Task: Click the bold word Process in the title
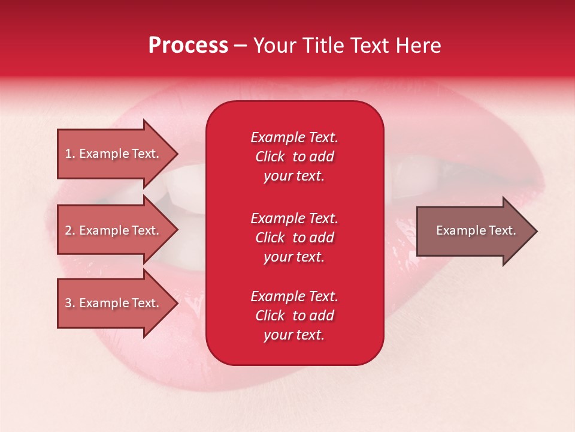click(x=188, y=46)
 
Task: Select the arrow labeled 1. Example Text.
click(x=114, y=154)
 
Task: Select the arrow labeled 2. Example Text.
click(x=114, y=230)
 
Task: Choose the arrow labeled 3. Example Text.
click(x=114, y=303)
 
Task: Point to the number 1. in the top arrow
click(x=70, y=154)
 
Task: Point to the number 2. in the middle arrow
click(x=70, y=230)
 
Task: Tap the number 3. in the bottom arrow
click(x=70, y=303)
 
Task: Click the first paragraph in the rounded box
click(x=294, y=157)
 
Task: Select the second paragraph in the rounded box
click(x=294, y=238)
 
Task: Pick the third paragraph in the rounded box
click(x=294, y=316)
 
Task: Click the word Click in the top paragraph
click(x=270, y=157)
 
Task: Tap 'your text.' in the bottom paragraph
click(x=294, y=335)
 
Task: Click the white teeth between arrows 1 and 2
click(x=180, y=186)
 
